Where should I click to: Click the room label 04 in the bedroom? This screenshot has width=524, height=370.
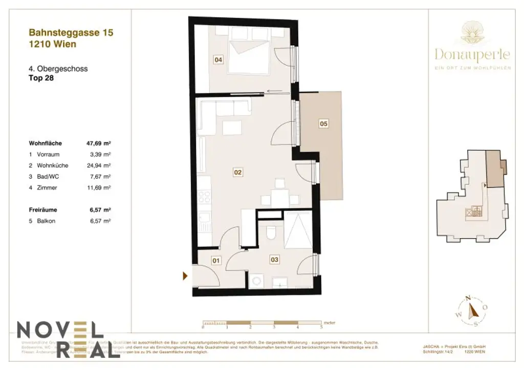point(219,60)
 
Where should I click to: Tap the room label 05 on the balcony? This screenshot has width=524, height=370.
point(323,123)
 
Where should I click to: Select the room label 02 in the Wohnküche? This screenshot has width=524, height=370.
point(237,172)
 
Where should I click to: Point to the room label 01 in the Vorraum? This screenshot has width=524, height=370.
point(216,261)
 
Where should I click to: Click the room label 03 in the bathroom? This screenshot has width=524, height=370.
point(274,260)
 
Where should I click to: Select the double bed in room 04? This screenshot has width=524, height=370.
point(249,56)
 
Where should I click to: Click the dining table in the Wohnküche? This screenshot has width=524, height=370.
point(279,197)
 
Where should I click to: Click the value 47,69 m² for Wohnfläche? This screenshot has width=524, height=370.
point(99,144)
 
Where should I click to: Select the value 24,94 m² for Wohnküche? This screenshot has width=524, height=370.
point(100,166)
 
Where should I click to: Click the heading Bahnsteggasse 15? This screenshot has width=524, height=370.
point(71,33)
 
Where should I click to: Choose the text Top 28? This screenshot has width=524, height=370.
point(41,79)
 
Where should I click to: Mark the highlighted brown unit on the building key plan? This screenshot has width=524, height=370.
point(494,169)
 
